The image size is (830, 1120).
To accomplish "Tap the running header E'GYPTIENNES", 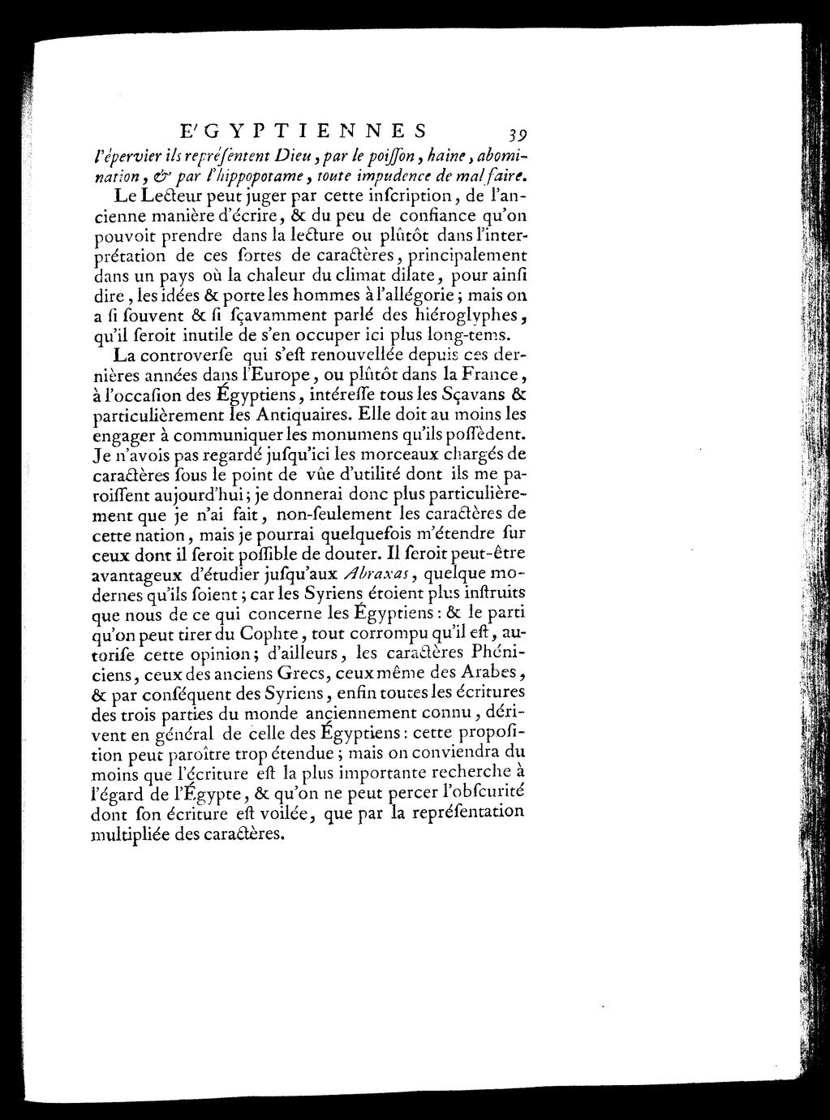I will pos(303,131).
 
